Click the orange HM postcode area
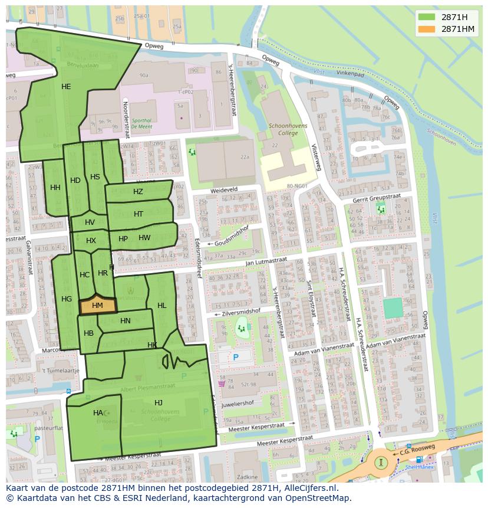[97, 306]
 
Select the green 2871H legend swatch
[427, 17]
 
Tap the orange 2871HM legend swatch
[427, 29]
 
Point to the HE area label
[66, 87]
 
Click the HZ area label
[138, 192]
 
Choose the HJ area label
[159, 402]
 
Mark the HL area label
[162, 306]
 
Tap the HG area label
[67, 299]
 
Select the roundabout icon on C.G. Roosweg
[381, 462]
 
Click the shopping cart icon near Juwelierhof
[222, 384]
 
